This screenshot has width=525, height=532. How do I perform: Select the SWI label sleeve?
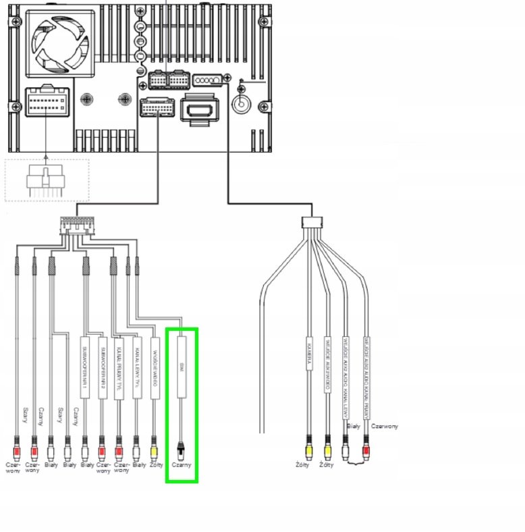pos(180,369)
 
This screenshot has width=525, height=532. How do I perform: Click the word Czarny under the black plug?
pos(180,464)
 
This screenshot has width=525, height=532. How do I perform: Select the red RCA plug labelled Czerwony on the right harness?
pos(366,446)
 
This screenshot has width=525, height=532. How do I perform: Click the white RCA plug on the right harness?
pos(346,446)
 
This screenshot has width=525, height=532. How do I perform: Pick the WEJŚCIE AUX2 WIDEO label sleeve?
pos(328,365)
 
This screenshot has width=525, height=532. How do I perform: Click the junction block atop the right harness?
pos(312,221)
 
